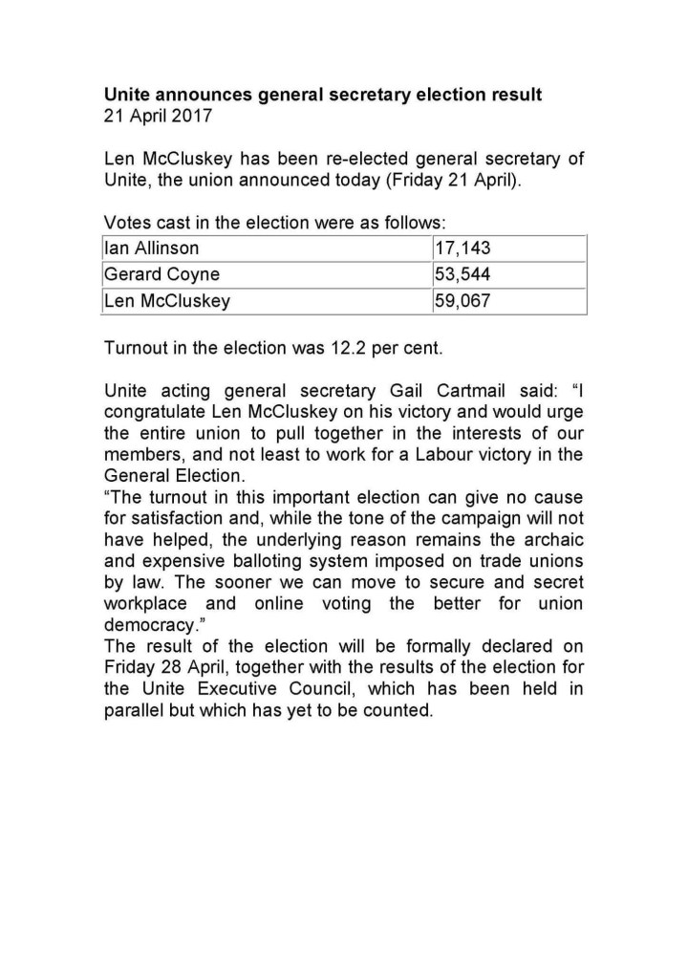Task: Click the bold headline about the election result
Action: [x=322, y=96]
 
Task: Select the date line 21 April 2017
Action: [x=159, y=117]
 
